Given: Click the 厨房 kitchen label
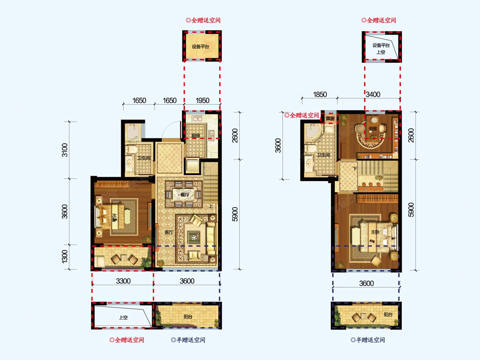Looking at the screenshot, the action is [196, 136].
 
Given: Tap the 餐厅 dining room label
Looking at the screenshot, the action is [185, 194].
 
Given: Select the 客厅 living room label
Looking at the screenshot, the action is [169, 232].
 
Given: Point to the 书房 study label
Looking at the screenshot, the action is [373, 129].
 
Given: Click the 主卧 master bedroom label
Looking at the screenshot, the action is [375, 232].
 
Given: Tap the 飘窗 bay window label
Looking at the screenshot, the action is [330, 118].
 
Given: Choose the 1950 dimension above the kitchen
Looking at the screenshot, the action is [202, 100].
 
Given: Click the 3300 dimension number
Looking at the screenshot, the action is [123, 281].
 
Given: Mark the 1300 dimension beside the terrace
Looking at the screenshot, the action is [65, 257].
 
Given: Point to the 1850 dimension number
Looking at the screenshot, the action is [320, 94].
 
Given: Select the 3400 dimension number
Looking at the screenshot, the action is [373, 94].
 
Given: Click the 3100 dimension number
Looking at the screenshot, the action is [65, 150].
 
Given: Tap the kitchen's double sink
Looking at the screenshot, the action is [198, 119].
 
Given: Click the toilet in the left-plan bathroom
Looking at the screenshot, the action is [132, 149].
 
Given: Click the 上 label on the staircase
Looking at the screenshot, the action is [210, 206].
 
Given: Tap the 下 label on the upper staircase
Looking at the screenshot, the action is [355, 169].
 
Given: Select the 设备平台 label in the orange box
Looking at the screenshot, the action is [200, 47].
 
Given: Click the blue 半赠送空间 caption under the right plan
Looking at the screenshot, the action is [368, 340].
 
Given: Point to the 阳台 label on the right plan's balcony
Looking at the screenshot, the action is [388, 314].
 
